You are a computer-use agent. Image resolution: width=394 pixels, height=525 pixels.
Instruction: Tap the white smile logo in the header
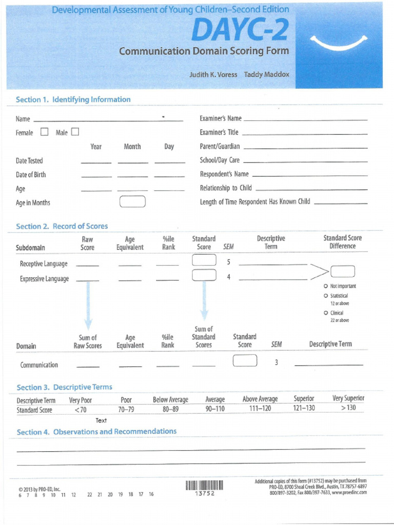click(341, 43)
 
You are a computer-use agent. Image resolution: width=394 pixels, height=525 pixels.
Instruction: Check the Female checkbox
click(44, 132)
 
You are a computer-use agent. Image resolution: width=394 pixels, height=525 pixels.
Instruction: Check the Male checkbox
click(75, 132)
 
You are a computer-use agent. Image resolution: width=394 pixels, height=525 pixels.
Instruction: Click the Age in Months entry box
click(132, 202)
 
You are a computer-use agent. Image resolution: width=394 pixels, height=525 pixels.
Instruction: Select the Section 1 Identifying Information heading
click(73, 99)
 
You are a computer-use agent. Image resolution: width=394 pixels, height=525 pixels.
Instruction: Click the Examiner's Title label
click(219, 132)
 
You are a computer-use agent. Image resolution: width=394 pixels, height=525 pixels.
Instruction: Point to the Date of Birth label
click(31, 175)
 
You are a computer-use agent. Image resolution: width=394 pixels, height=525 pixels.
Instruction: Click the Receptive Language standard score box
click(204, 261)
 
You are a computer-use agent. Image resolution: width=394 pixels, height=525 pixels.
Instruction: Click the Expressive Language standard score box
click(204, 276)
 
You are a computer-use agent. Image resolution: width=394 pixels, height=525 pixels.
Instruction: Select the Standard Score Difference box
click(343, 271)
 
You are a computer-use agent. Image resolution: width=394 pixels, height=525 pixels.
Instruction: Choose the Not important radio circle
click(326, 286)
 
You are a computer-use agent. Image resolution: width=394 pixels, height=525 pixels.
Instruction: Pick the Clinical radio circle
click(326, 313)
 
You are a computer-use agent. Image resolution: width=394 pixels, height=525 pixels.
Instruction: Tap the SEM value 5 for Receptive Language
click(228, 262)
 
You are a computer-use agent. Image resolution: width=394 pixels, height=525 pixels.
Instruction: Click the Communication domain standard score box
click(245, 361)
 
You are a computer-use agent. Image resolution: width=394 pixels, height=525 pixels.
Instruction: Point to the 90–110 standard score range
click(215, 409)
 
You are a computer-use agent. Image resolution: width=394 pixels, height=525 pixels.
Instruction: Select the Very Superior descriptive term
click(348, 398)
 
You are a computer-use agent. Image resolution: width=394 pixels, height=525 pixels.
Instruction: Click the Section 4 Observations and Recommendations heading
click(96, 432)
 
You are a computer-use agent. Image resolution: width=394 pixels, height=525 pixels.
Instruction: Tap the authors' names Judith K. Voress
click(213, 74)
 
